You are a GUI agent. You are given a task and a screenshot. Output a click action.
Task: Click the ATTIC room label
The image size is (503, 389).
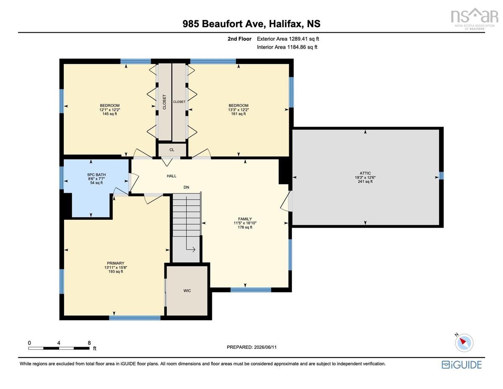(365, 173)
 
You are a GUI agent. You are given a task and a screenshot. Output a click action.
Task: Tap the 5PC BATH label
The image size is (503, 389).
(96, 175)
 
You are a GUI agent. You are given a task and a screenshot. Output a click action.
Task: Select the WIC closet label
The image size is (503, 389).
(187, 290)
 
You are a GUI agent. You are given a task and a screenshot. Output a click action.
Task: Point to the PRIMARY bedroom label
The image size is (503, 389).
(116, 263)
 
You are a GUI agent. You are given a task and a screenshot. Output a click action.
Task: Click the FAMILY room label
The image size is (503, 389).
(245, 219)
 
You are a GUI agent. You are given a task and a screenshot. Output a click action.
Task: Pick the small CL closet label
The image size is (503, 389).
(172, 150)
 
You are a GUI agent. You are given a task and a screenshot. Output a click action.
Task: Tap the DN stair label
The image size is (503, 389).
(187, 187)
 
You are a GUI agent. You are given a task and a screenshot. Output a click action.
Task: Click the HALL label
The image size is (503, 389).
(171, 176)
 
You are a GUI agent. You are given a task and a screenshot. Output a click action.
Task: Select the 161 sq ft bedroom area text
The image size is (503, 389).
(239, 114)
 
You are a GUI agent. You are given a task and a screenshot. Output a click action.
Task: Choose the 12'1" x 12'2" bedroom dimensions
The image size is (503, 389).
(110, 110)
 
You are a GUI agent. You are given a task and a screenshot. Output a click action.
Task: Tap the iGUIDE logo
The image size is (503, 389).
(462, 365)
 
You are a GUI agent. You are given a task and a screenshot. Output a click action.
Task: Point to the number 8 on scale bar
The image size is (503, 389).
(89, 343)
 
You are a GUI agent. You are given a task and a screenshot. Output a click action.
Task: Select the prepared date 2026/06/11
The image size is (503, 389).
(265, 347)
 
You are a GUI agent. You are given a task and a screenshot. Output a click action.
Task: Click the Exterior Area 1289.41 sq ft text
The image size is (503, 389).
(288, 39)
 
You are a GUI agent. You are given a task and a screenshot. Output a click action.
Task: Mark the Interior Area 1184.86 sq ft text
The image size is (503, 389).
(287, 47)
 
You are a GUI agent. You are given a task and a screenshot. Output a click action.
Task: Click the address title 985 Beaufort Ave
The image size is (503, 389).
(223, 23)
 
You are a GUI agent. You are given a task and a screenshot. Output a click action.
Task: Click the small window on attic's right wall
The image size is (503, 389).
(441, 176)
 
